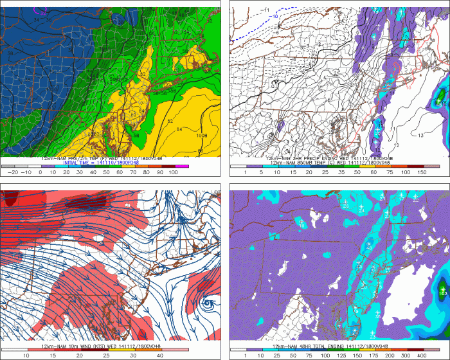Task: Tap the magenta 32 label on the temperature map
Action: [43, 12]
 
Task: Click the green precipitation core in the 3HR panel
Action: [440, 98]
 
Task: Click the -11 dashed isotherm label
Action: [265, 9]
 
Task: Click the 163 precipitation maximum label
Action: [442, 292]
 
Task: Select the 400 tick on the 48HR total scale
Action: [426, 354]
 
